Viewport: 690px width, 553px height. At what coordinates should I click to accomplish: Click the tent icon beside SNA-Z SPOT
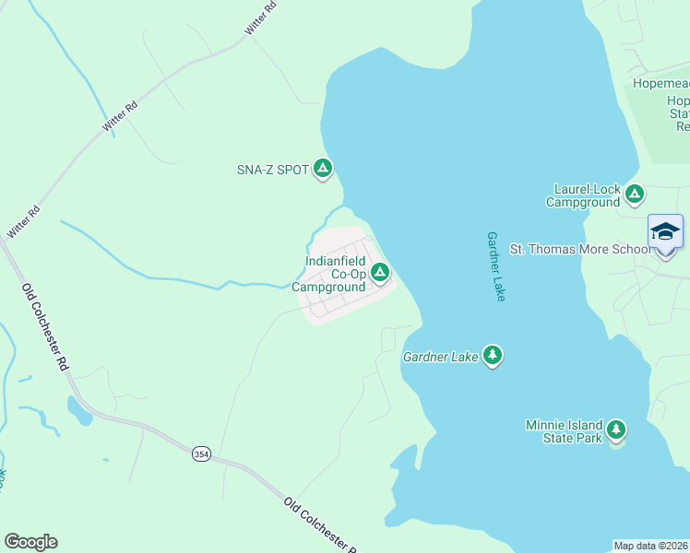click(x=323, y=168)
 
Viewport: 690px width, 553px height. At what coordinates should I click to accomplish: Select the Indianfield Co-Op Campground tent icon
click(x=380, y=272)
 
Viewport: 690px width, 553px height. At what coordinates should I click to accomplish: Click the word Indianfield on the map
click(x=337, y=262)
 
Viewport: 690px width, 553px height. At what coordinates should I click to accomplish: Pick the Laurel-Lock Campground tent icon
click(x=634, y=194)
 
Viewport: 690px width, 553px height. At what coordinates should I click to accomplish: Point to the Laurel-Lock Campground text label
click(x=582, y=195)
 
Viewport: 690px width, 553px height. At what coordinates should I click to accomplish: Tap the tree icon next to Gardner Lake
click(x=493, y=355)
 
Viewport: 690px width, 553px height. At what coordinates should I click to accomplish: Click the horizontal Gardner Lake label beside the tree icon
click(x=441, y=356)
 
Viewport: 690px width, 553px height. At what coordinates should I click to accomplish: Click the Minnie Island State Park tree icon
click(x=615, y=429)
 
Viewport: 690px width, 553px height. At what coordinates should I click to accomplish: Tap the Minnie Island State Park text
click(x=564, y=430)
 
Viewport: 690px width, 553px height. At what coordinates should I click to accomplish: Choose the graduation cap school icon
click(x=665, y=230)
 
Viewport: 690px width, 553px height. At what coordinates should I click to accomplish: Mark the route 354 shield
click(x=201, y=453)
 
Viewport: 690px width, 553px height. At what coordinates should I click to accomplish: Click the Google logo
click(x=30, y=542)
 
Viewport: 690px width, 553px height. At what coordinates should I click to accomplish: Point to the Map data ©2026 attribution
click(x=651, y=546)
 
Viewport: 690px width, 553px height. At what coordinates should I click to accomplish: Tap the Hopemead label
click(x=660, y=84)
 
